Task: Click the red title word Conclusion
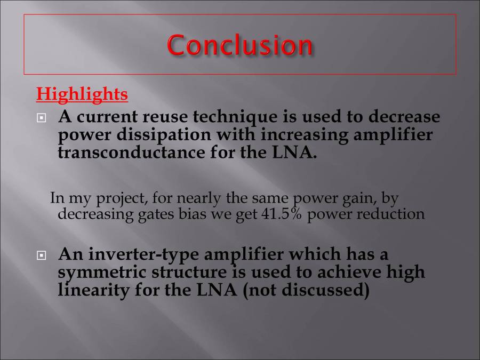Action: pos(240,45)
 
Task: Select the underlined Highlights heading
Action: pos(82,94)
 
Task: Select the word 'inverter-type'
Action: pos(143,254)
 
